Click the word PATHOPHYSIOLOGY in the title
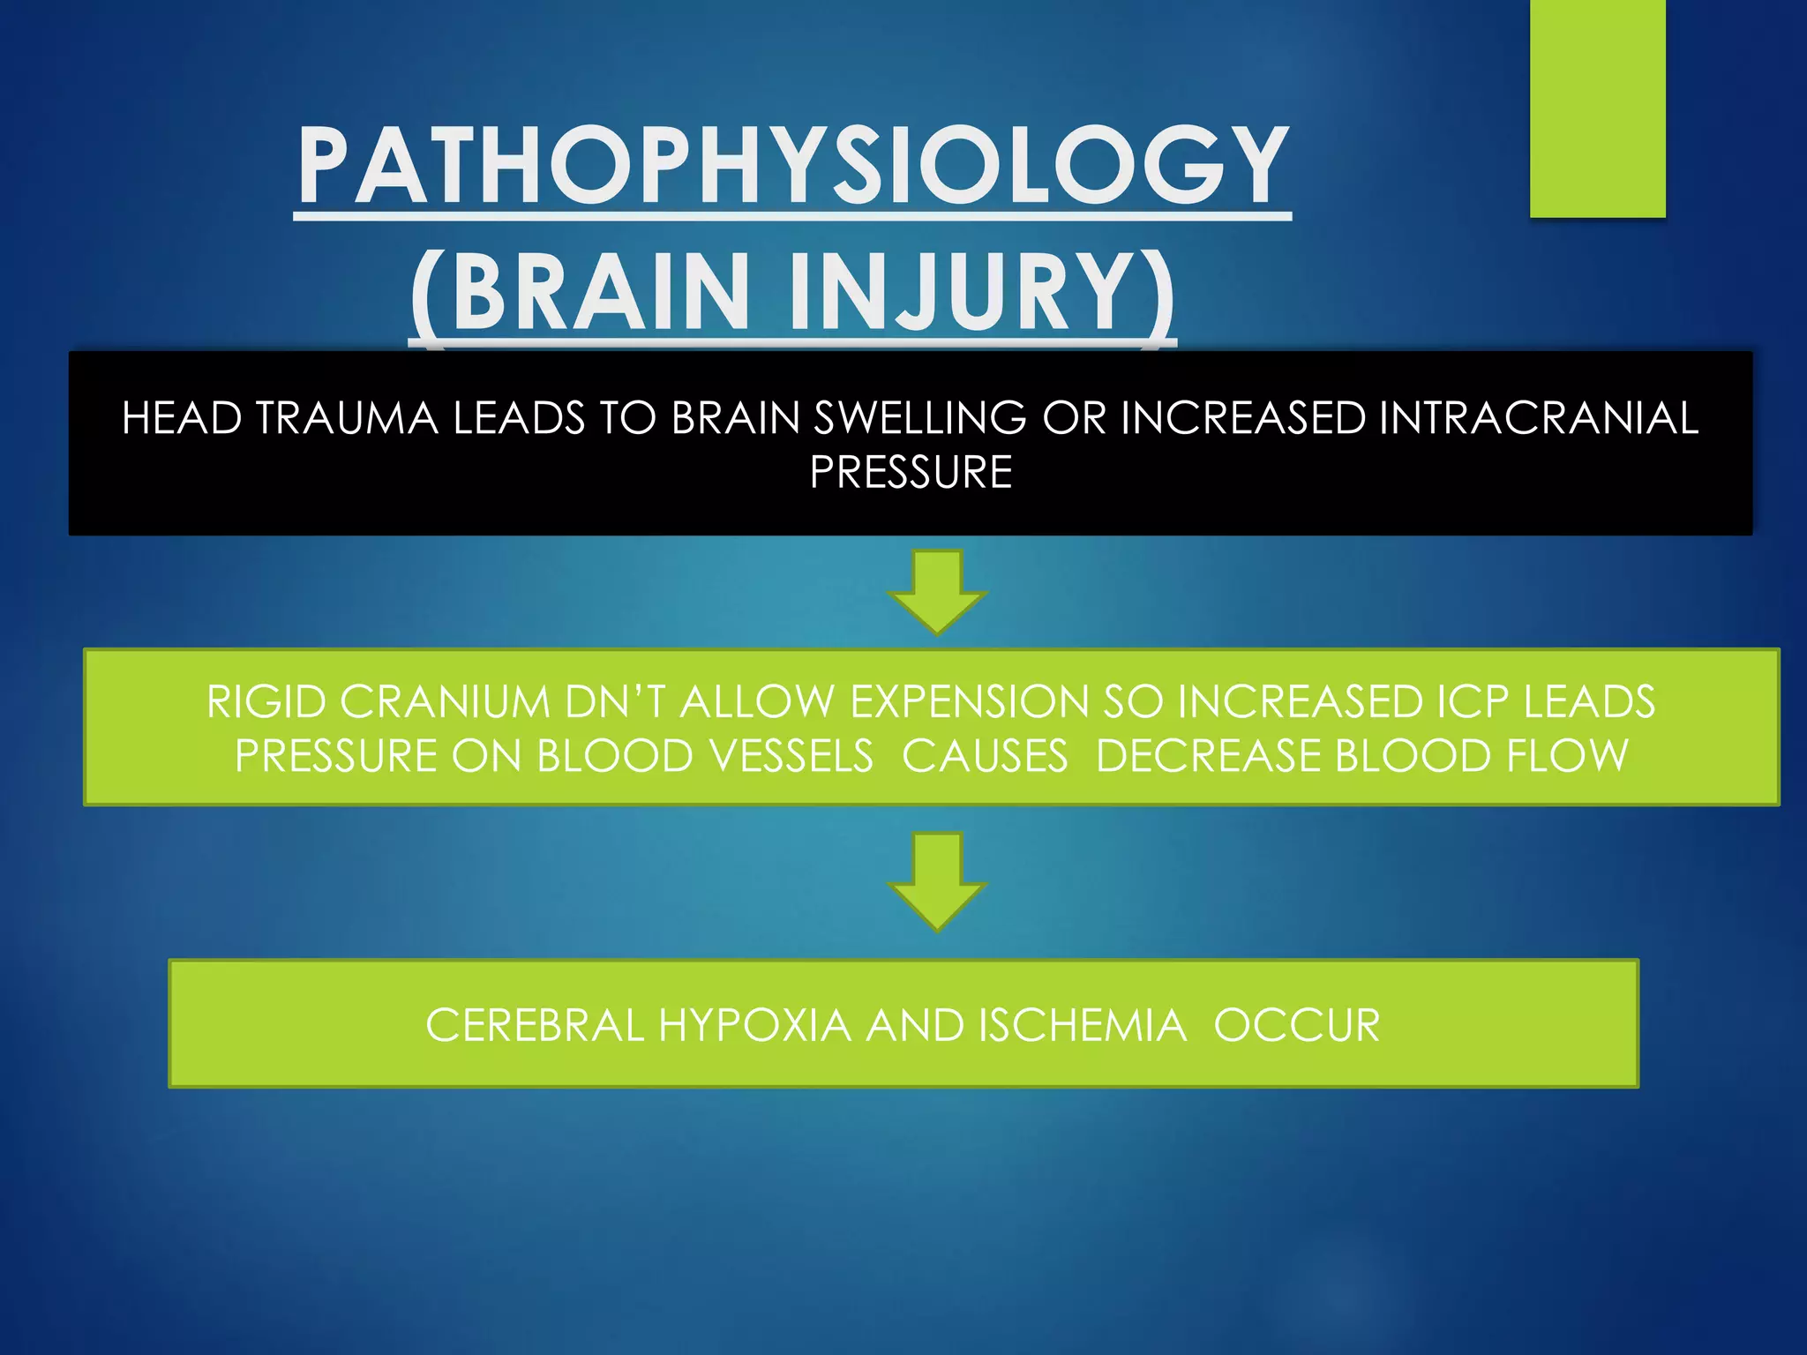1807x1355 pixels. (793, 165)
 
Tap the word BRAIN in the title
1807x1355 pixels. (600, 292)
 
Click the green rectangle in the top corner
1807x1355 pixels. (1597, 108)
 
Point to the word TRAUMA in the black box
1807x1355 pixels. (347, 418)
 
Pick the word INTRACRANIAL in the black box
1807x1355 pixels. (1538, 418)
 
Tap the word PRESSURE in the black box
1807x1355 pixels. (911, 472)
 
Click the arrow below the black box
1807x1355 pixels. (937, 591)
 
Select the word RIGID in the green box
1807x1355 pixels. (266, 702)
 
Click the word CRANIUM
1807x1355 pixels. (445, 702)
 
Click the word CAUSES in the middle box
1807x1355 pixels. (985, 756)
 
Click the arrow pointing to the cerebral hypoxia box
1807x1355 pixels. (937, 880)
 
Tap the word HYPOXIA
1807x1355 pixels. (754, 1026)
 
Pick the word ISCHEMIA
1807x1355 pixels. (1082, 1026)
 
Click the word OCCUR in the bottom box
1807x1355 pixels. (1296, 1026)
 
